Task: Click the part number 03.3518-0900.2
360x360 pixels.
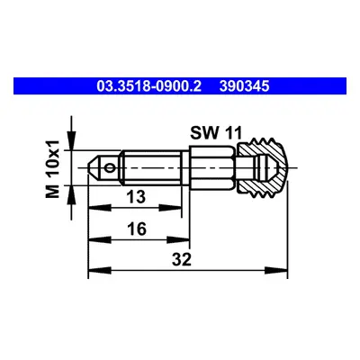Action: tap(148, 86)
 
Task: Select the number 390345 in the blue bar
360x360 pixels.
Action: tap(244, 86)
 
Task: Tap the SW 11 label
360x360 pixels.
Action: tap(216, 133)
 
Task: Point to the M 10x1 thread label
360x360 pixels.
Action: tap(52, 169)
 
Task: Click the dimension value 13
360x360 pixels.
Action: tap(136, 197)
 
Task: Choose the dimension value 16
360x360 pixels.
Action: tap(137, 229)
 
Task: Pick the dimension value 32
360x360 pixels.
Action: tap(182, 259)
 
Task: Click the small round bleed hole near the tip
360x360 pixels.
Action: tap(110, 168)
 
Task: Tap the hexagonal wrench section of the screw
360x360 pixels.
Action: tap(212, 167)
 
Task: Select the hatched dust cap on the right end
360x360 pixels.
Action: tap(263, 167)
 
